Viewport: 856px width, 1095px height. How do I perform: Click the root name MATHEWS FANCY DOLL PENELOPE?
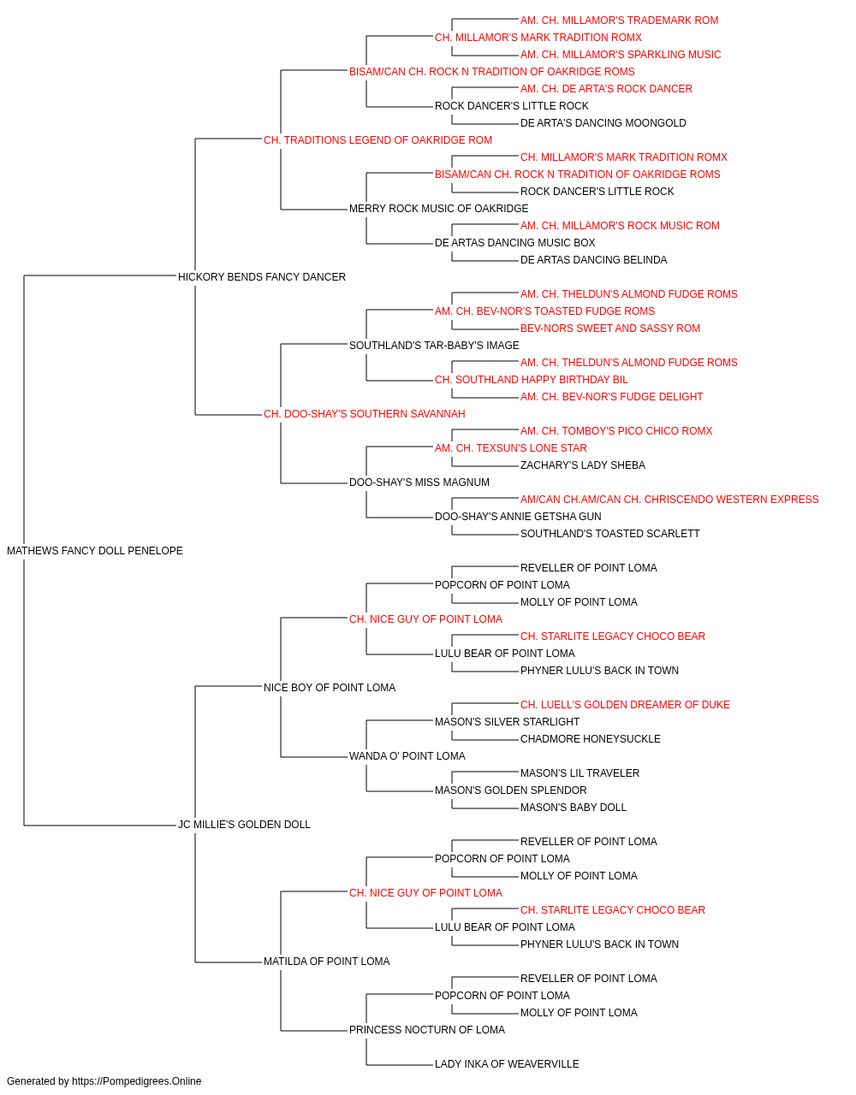coord(95,551)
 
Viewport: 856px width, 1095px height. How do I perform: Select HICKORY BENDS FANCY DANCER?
coord(262,277)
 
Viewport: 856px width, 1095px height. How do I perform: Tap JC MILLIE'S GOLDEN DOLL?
coord(244,825)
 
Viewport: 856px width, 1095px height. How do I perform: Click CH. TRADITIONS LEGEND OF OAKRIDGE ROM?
coord(377,140)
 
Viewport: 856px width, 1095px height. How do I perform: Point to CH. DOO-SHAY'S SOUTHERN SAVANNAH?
coord(364,414)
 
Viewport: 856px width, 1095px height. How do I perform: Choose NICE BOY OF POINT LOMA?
coord(330,688)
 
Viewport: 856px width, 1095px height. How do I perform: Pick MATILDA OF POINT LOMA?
coord(327,962)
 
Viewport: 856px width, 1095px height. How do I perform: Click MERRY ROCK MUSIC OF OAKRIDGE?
coord(438,209)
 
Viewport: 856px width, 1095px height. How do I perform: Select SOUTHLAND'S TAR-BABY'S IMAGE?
coord(434,346)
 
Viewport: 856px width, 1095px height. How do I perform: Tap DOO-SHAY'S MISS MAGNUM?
coord(419,482)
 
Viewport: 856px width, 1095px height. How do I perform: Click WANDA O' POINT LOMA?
coord(407,756)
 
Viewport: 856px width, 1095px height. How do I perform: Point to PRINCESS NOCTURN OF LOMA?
coord(427,1030)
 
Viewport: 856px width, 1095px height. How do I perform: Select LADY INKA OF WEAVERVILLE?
coord(507,1064)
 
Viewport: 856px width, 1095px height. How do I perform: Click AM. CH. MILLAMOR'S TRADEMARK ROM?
coord(619,21)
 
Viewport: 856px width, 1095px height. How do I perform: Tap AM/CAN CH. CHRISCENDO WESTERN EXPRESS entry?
coord(669,500)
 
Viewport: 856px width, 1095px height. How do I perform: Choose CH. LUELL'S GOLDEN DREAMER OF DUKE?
coord(625,705)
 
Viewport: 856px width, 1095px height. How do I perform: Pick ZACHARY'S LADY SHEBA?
coord(583,465)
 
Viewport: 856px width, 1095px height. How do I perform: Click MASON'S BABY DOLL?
coord(574,808)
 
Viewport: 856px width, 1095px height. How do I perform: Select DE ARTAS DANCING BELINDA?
coord(593,260)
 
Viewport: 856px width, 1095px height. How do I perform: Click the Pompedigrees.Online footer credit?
coord(104,1081)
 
